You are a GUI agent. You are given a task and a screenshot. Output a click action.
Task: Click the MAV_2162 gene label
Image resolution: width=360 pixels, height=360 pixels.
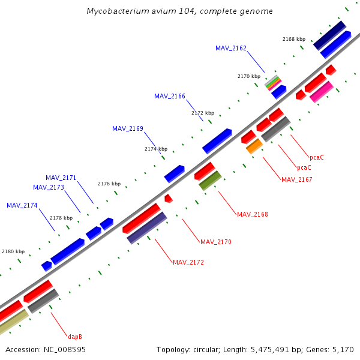231,48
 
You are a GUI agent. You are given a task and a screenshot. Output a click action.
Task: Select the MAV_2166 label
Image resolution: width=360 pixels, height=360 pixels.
170,96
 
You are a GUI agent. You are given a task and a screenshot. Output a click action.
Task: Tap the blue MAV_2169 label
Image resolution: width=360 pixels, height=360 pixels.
128,128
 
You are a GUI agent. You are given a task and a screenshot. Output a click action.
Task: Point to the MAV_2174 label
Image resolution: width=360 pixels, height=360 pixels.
22,205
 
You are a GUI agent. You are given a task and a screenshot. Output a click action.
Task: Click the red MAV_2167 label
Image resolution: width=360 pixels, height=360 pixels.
297,179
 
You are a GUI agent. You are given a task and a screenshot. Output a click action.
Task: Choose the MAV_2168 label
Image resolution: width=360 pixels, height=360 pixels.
253,214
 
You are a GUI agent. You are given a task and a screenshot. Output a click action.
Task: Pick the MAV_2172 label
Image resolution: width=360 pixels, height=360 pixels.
188,262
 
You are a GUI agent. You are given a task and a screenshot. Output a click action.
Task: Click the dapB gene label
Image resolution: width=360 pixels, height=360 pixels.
75,337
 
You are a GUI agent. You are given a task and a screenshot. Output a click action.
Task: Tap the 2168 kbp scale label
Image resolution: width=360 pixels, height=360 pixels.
294,39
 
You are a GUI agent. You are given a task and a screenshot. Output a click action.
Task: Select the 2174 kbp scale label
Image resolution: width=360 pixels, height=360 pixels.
156,149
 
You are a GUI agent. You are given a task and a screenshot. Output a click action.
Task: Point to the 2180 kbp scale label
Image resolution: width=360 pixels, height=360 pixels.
13,252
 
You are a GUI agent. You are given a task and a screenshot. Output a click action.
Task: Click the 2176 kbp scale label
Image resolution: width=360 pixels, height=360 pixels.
109,184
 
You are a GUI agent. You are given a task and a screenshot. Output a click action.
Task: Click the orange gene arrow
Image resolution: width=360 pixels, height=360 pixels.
254,146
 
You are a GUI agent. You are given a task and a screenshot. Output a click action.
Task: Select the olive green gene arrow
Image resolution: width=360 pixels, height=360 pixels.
211,180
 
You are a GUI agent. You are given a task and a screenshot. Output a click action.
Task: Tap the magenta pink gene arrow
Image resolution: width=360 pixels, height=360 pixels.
322,92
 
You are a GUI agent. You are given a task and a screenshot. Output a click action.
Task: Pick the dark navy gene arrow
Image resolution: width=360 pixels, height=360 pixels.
329,35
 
